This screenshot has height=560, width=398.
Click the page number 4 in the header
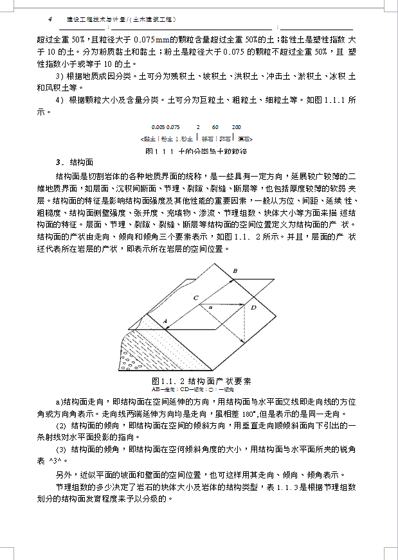click(41, 20)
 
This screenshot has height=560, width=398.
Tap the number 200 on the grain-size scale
click(237, 127)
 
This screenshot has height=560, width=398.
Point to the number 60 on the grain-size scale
click(215, 127)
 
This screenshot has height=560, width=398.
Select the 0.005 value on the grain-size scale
click(158, 127)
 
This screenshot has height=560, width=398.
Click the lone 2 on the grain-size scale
click(198, 127)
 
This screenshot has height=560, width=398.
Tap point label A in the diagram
click(165, 320)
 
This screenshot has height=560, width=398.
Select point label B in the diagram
click(235, 272)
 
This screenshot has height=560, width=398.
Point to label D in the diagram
click(253, 308)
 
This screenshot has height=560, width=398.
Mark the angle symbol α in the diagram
click(211, 308)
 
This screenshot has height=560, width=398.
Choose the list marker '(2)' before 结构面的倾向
click(62, 425)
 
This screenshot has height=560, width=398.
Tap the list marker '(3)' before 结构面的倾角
click(62, 449)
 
